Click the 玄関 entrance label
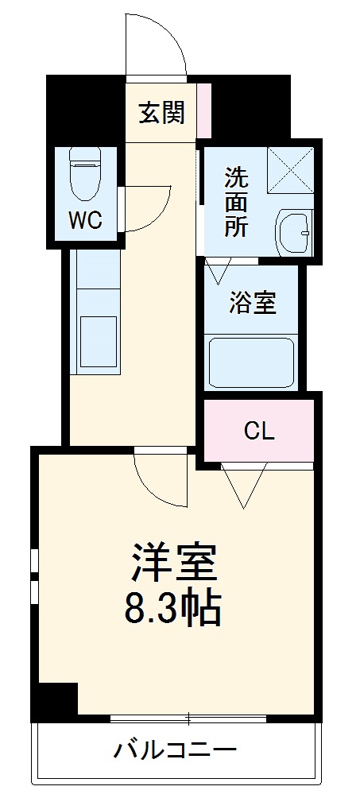point(162,114)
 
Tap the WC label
point(84,220)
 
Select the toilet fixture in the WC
point(83,176)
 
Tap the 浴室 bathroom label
point(253,303)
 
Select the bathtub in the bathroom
point(252,362)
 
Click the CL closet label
point(259,432)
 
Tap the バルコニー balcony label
point(174,749)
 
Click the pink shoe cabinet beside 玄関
point(204,110)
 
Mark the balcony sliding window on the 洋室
point(188,718)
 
